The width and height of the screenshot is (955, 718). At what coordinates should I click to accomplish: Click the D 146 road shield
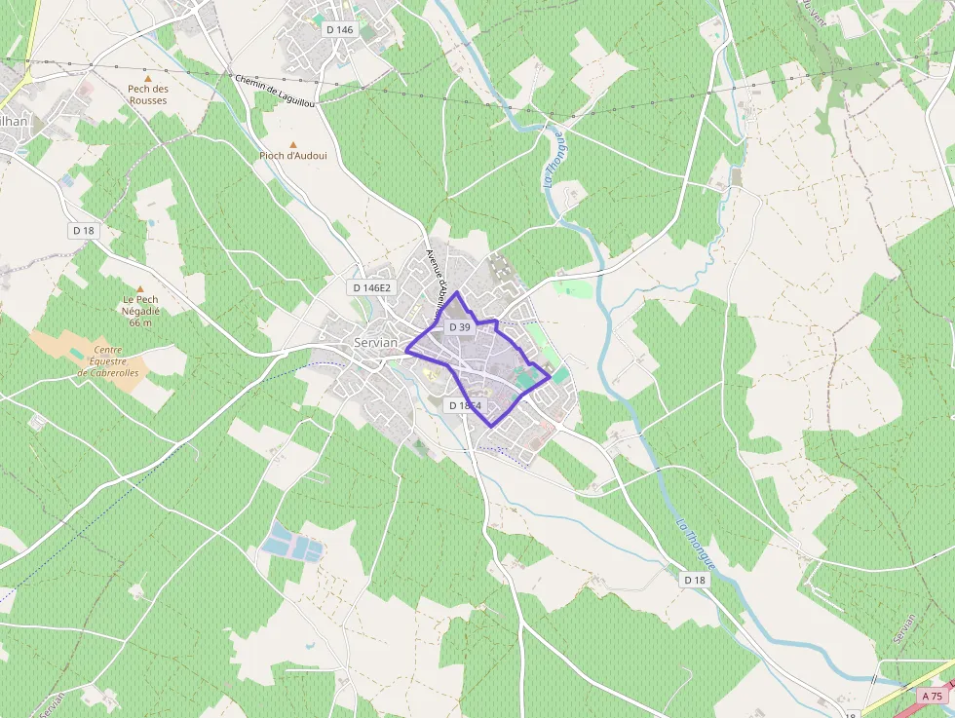pyautogui.click(x=340, y=29)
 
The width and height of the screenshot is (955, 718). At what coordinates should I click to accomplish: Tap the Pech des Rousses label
pyautogui.click(x=148, y=94)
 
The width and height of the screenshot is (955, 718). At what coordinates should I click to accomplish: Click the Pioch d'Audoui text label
pyautogui.click(x=293, y=156)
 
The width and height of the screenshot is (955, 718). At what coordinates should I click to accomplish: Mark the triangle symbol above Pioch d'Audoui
pyautogui.click(x=292, y=144)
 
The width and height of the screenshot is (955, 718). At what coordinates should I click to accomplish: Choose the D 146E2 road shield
pyautogui.click(x=371, y=287)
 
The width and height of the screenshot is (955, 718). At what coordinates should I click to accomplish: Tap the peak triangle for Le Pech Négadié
pyautogui.click(x=140, y=289)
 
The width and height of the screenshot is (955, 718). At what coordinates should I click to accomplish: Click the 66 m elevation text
pyautogui.click(x=141, y=322)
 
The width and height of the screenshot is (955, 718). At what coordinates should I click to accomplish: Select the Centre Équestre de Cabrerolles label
pyautogui.click(x=109, y=360)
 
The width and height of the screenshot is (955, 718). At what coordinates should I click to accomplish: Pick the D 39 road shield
pyautogui.click(x=459, y=327)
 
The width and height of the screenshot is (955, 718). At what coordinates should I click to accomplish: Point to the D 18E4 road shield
pyautogui.click(x=466, y=405)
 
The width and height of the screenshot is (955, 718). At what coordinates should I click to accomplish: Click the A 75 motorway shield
pyautogui.click(x=934, y=696)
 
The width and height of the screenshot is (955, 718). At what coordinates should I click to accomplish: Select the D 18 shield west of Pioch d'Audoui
pyautogui.click(x=83, y=230)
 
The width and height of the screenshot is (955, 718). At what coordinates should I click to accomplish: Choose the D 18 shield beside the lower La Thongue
pyautogui.click(x=694, y=580)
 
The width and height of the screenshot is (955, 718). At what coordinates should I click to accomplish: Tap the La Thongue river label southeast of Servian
pyautogui.click(x=696, y=543)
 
